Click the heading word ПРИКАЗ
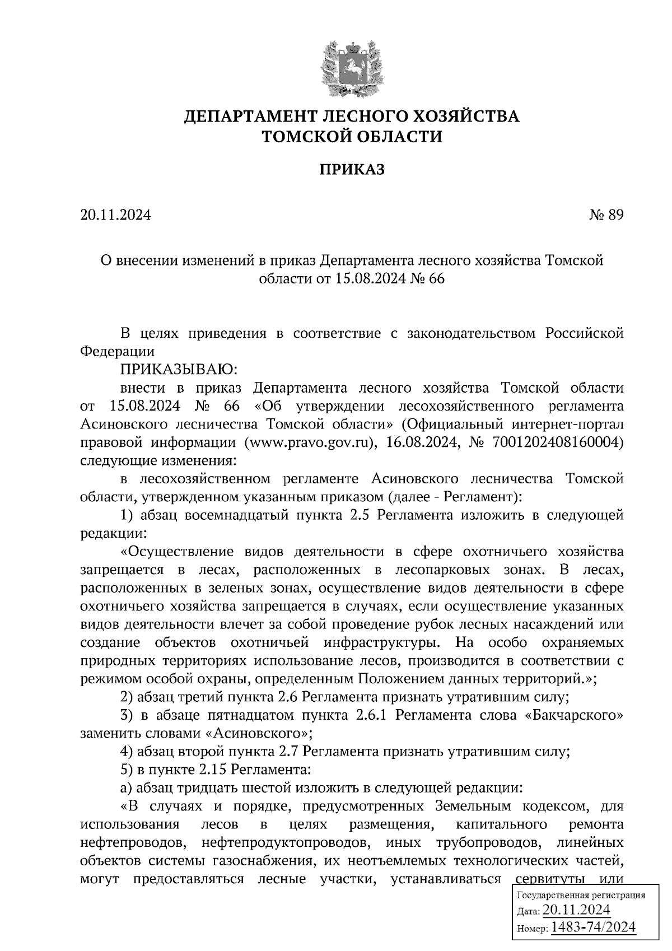tap(352, 170)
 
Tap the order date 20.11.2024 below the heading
tap(116, 215)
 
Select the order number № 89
tap(605, 215)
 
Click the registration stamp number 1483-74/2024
tap(594, 927)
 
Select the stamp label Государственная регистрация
tap(580, 895)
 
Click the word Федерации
tap(117, 351)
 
